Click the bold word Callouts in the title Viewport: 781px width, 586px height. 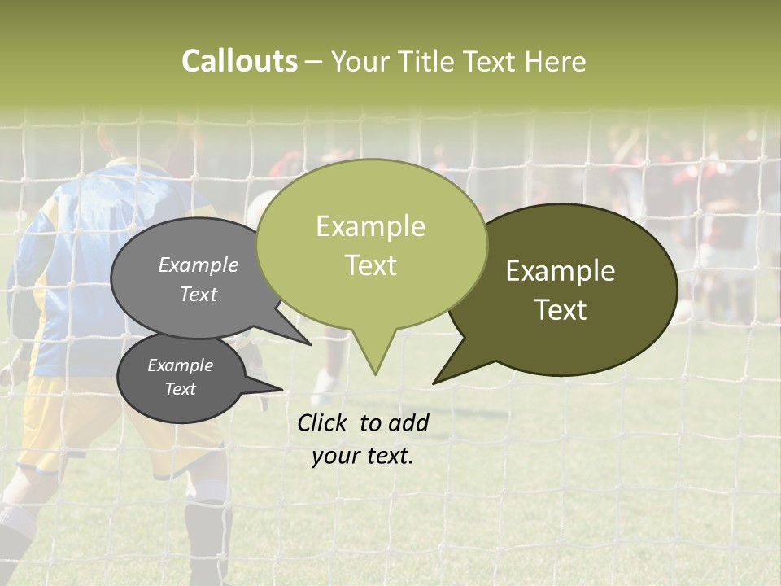tap(239, 61)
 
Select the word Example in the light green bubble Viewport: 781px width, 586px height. tap(370, 226)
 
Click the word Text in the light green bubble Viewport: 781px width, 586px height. tap(370, 265)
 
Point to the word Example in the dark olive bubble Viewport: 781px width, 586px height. tap(561, 271)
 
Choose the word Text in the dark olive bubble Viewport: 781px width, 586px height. tap(561, 310)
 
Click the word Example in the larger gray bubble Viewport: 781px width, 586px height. tap(198, 265)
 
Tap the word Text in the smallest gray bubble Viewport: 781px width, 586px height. tap(180, 389)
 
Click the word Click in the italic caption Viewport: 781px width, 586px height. tap(324, 422)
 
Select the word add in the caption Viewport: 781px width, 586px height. tap(408, 422)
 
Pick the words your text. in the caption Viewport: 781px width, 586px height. tap(363, 456)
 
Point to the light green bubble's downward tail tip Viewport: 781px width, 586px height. tap(375, 374)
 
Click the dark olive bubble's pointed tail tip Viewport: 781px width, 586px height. tap(434, 383)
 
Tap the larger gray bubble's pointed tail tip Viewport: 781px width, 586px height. tap(310, 344)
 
